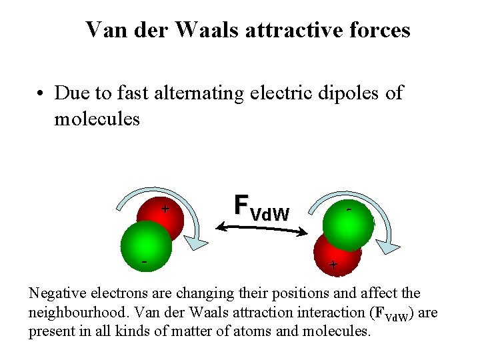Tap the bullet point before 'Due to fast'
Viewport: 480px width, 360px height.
[x=41, y=93]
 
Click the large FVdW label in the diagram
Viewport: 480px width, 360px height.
[x=261, y=207]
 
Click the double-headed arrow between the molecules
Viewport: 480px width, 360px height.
[x=262, y=230]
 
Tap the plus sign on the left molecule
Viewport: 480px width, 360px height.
[x=164, y=209]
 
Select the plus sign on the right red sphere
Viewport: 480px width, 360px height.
[x=333, y=265]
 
